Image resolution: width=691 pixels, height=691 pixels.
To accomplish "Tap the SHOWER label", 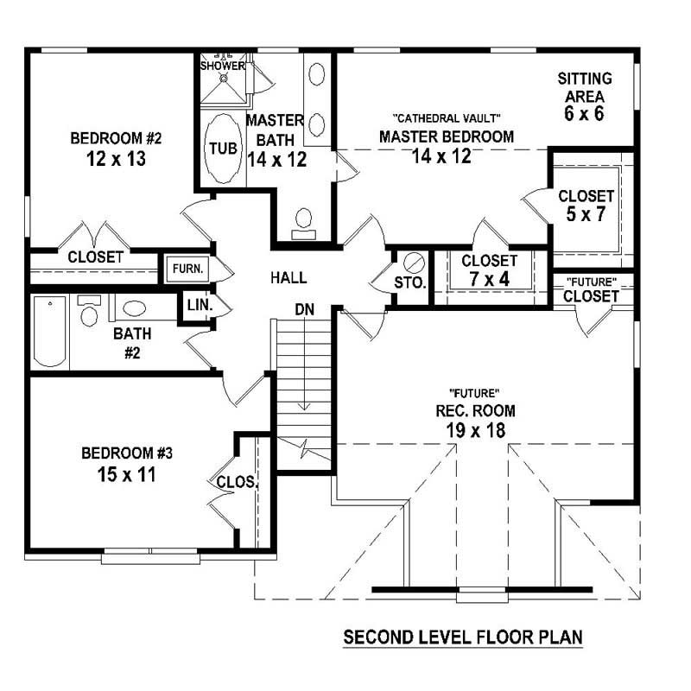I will tap(223, 66).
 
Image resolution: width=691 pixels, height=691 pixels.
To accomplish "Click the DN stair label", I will tap(303, 308).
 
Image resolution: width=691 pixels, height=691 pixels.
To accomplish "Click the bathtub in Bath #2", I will tap(49, 333).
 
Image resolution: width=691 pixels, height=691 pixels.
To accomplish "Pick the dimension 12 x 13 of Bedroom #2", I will tap(116, 160).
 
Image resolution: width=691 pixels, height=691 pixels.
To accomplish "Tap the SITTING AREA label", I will tap(585, 87).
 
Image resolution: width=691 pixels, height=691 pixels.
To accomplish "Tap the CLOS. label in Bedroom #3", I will tap(237, 483).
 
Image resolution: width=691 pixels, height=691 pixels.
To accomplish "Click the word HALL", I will tap(288, 278).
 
